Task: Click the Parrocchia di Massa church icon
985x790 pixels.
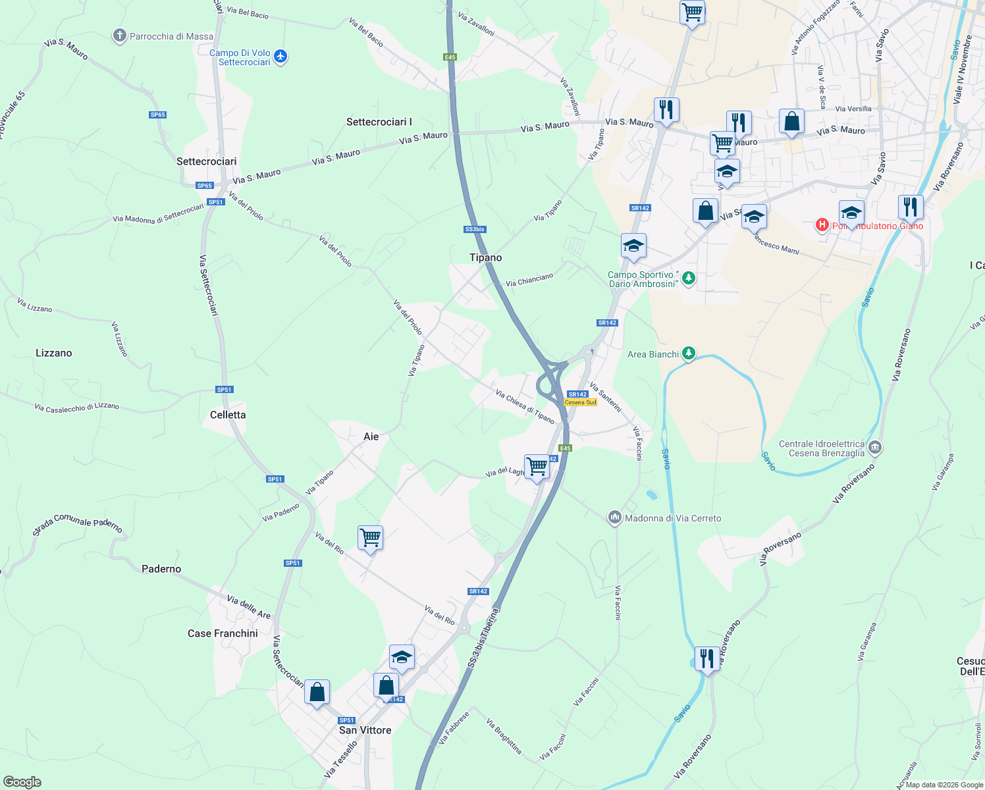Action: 119,36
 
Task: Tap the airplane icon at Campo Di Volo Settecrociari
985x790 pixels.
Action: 281,57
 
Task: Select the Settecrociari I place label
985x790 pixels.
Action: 379,122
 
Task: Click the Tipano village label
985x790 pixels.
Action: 486,257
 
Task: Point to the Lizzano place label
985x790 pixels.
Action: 54,353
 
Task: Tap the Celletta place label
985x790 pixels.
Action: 228,415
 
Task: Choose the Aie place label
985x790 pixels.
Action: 371,436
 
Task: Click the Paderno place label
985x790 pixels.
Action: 161,569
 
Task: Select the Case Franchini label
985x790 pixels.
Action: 223,633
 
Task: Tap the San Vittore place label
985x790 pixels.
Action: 365,730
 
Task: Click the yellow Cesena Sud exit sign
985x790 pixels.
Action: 580,402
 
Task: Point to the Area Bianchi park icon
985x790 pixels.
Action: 689,354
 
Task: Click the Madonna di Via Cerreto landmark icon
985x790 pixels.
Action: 615,518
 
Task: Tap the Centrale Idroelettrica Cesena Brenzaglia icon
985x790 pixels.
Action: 875,448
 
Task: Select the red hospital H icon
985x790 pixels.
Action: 822,226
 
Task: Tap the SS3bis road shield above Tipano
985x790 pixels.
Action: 475,229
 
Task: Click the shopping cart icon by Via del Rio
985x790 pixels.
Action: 370,538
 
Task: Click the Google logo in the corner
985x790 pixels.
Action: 22,782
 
